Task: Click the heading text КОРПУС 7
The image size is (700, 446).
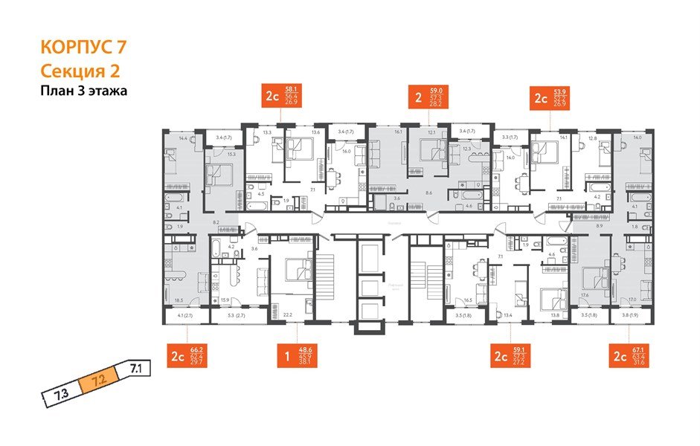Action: click(83, 48)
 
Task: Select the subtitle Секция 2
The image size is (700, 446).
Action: click(78, 71)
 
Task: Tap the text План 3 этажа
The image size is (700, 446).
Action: click(83, 91)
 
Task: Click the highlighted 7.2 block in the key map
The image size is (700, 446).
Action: click(100, 383)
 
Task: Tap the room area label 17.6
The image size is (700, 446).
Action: click(585, 296)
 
